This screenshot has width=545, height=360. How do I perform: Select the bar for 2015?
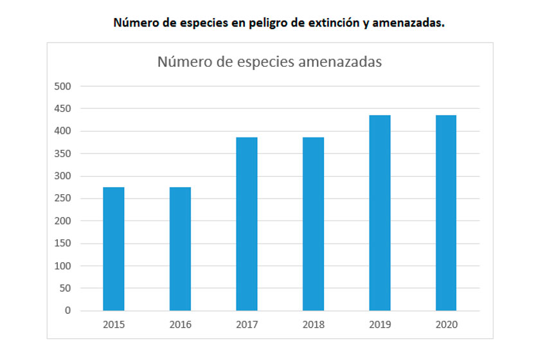tap(114, 249)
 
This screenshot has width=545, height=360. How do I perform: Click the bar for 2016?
tap(180, 249)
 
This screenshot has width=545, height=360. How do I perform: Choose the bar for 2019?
tap(380, 213)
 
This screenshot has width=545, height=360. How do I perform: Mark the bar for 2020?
tap(446, 213)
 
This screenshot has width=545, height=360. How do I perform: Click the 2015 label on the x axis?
tap(114, 325)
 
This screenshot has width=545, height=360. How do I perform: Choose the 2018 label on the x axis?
tap(313, 325)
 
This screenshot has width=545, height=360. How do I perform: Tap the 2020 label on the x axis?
tap(446, 325)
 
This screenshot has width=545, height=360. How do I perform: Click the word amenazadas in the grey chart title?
tap(341, 62)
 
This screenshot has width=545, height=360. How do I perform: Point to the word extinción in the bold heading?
tap(337, 23)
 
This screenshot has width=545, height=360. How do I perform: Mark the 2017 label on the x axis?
tap(247, 325)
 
